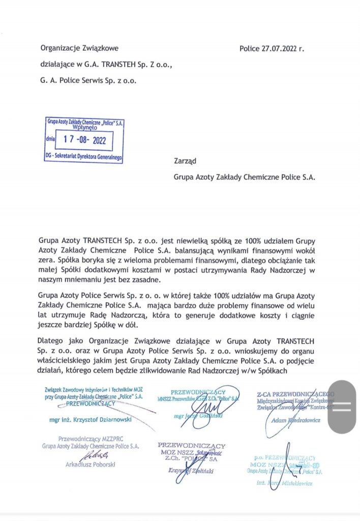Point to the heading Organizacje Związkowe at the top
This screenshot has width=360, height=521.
(x=79, y=48)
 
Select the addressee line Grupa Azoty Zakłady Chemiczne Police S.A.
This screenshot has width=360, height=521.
(x=244, y=178)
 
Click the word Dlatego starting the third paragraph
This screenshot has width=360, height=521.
(x=52, y=340)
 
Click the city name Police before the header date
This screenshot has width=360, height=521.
(x=250, y=49)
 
